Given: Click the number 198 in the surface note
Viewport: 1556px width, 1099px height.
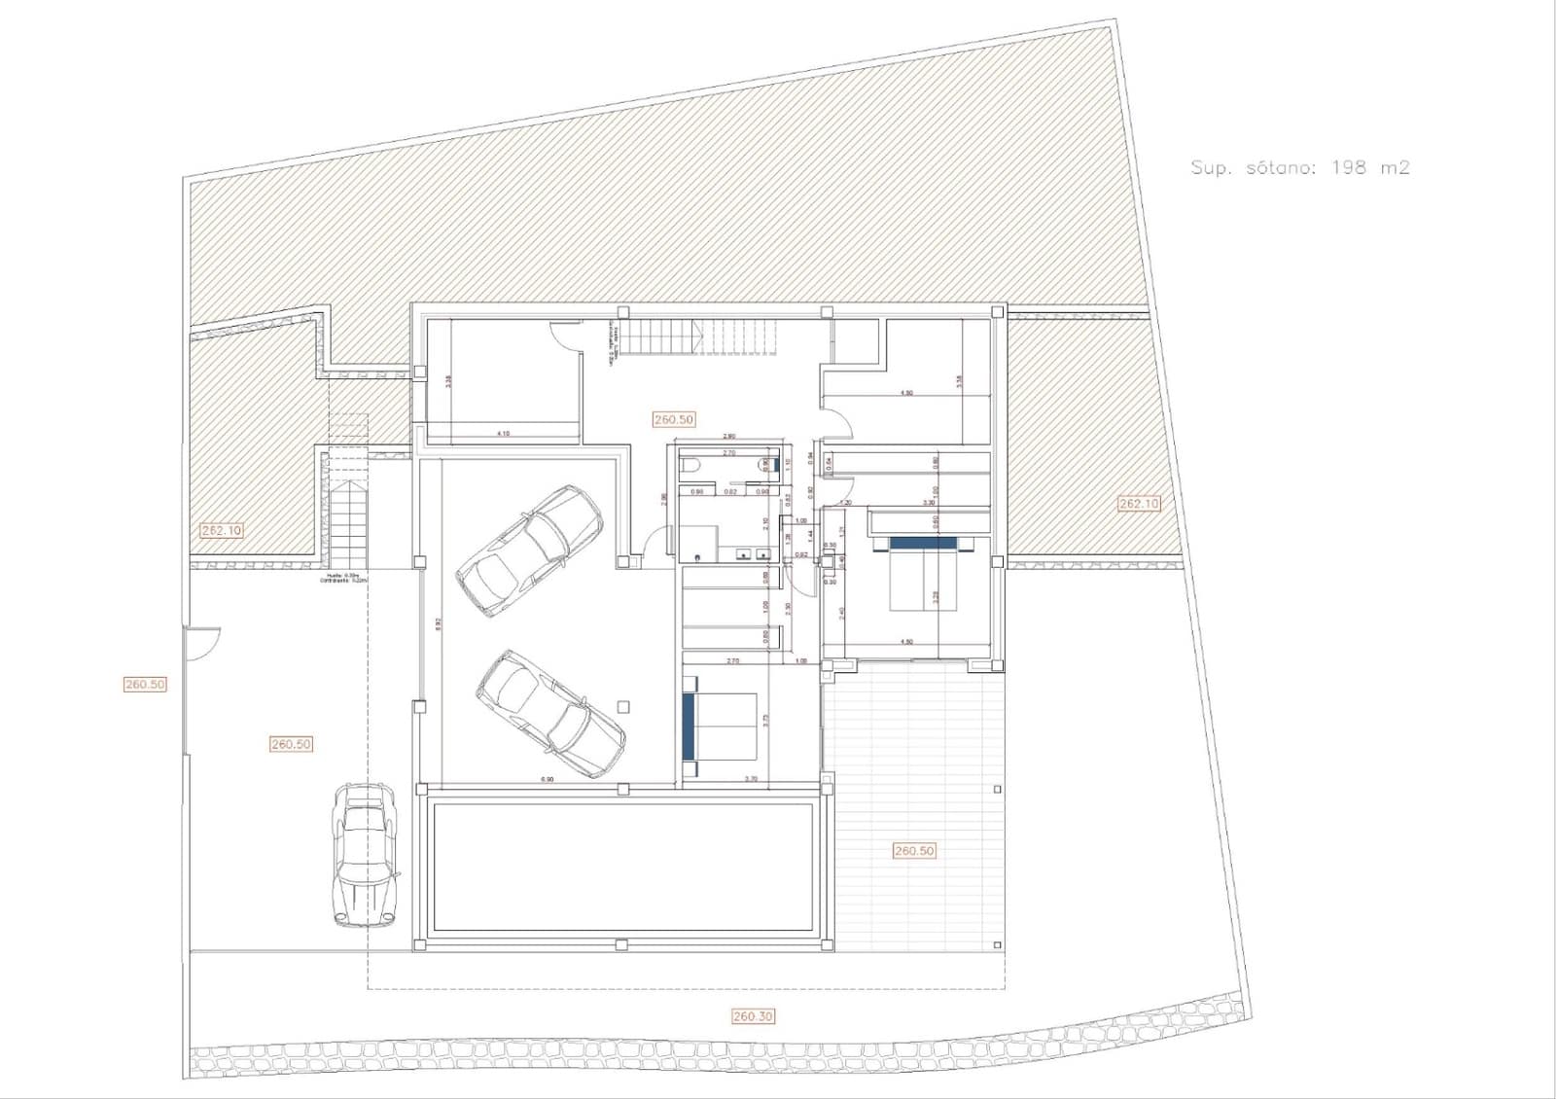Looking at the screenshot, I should point(1348,167).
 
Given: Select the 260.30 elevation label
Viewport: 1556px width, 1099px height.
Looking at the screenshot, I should point(753,1016).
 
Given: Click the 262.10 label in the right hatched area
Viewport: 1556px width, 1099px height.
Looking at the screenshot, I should point(1138,504).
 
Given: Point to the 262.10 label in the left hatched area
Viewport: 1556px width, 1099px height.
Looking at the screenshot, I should point(222,530).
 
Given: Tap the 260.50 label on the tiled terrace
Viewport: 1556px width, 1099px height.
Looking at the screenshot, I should point(913,851).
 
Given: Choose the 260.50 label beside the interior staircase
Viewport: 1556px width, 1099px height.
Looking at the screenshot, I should point(673,419).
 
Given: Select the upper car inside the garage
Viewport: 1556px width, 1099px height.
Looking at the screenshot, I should point(529,549).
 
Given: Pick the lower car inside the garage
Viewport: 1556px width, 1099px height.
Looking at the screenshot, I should point(549,713).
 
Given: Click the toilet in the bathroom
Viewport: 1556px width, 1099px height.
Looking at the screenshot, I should point(690,466).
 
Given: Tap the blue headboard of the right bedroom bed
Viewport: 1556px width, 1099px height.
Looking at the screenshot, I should point(924,543).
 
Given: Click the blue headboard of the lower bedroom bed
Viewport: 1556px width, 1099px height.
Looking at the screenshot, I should point(690,724).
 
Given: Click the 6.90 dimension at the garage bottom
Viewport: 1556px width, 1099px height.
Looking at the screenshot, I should point(547,779).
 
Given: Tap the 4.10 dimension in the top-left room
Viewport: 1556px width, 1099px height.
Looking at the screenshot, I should point(503,434).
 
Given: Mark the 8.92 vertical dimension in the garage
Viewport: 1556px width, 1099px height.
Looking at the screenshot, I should point(439,622).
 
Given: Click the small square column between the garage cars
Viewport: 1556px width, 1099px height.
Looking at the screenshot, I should point(623,707).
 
